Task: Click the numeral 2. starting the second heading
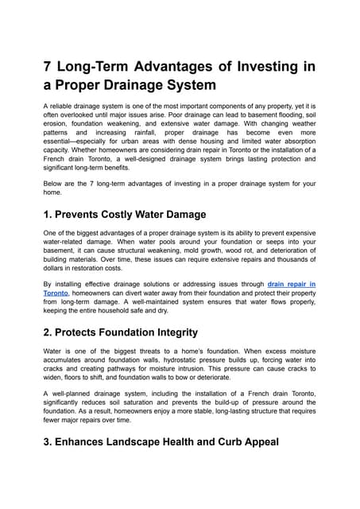click(x=50, y=332)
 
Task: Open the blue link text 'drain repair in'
click(x=292, y=283)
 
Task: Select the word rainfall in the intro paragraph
click(x=157, y=146)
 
